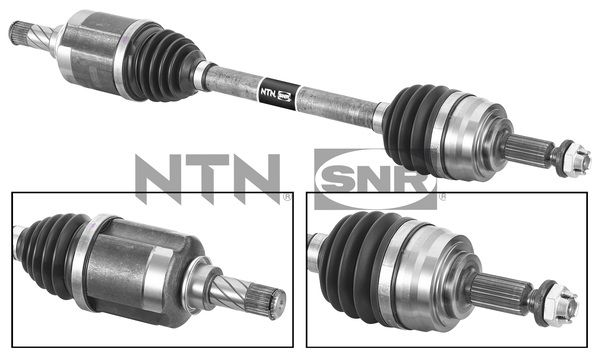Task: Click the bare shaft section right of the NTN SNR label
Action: tap(335, 100)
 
